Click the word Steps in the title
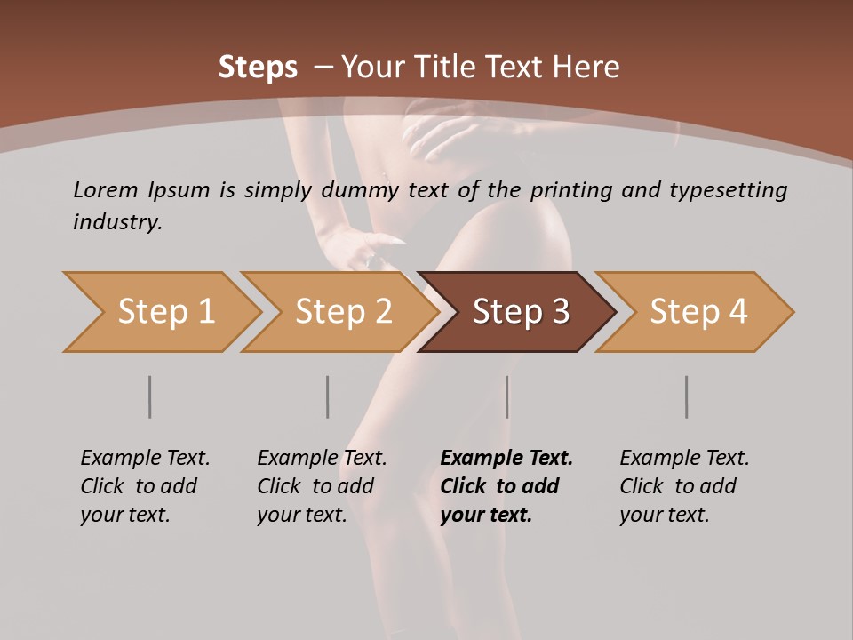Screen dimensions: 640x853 (x=258, y=67)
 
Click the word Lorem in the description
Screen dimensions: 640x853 (x=105, y=189)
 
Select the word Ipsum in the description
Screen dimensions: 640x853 (x=179, y=189)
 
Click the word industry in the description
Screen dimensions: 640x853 (x=117, y=221)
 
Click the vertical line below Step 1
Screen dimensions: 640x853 (x=150, y=396)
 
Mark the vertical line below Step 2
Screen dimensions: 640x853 (x=328, y=396)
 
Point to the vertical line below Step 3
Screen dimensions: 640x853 (x=507, y=396)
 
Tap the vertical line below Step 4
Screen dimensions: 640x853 (x=687, y=396)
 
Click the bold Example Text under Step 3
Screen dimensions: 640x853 (x=506, y=459)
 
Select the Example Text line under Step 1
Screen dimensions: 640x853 (x=145, y=459)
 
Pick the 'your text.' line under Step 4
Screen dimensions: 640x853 (x=665, y=515)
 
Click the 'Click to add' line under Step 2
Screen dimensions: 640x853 (x=315, y=486)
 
